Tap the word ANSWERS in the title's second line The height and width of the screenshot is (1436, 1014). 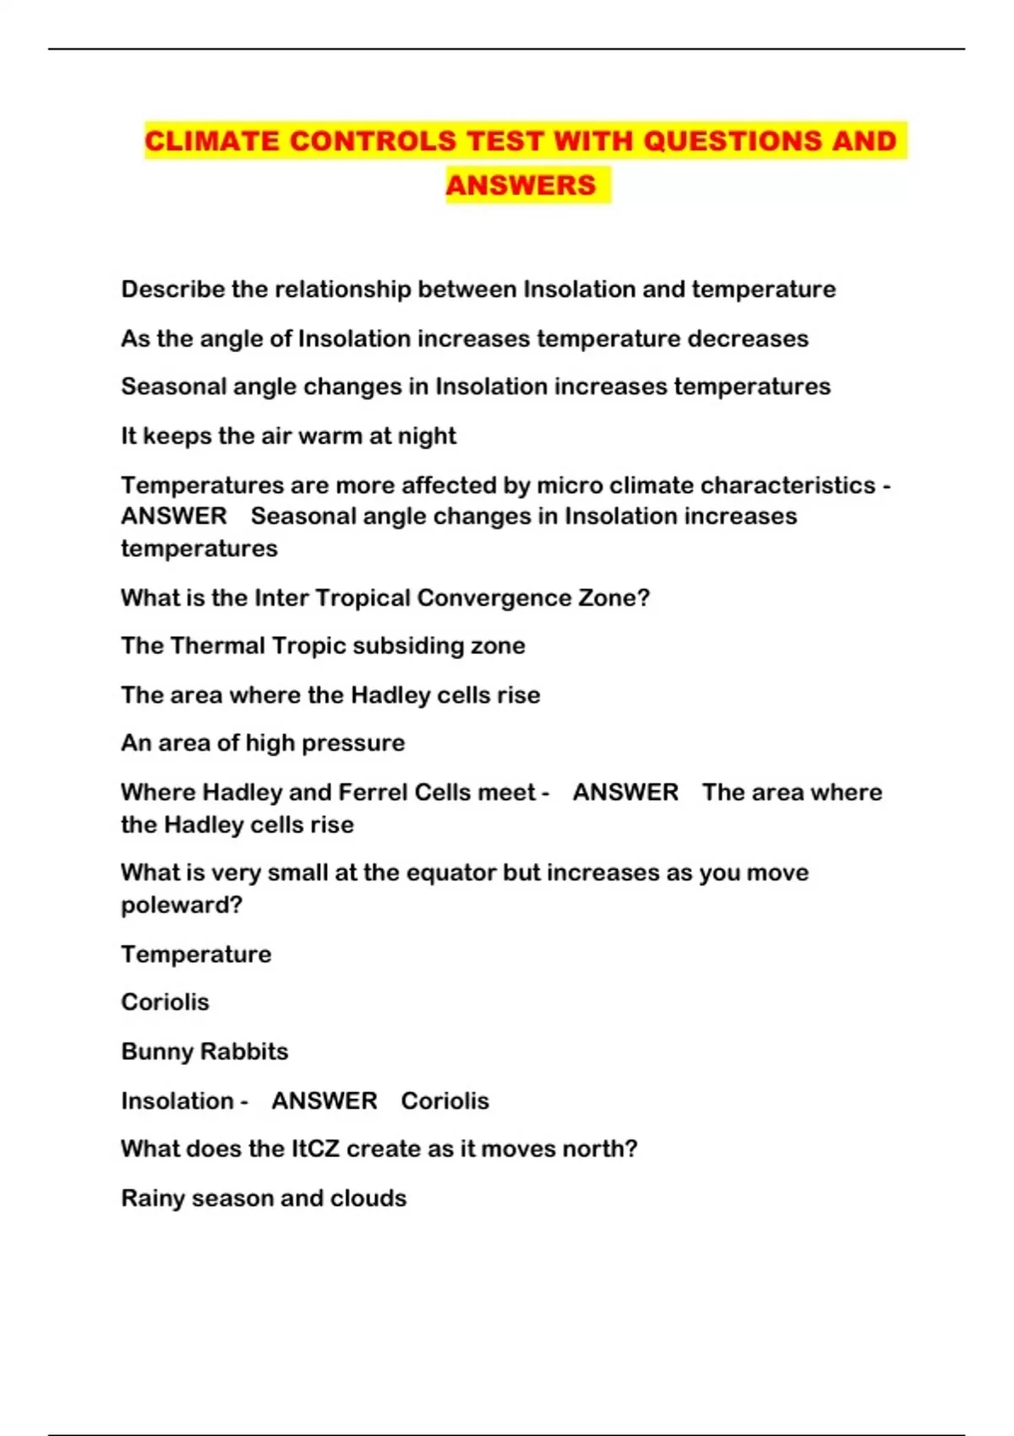point(521,184)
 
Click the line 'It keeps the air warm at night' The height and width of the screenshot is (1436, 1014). point(288,436)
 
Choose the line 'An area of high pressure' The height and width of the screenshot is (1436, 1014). point(263,743)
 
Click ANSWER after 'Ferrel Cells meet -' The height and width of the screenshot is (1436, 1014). point(625,792)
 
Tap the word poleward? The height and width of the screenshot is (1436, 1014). point(182,905)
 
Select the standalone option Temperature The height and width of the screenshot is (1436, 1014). point(196,955)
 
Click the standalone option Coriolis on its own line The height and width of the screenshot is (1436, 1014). point(165,1002)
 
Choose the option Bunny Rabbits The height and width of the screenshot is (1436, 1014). point(204,1052)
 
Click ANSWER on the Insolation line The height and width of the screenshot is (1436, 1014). point(324,1101)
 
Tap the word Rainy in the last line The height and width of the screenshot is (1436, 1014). point(153,1199)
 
